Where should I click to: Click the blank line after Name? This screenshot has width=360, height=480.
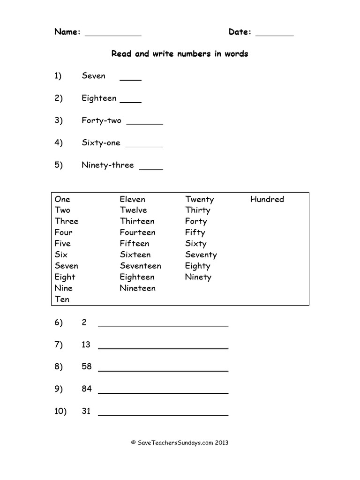tap(113, 35)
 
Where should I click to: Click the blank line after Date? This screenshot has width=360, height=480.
tap(275, 35)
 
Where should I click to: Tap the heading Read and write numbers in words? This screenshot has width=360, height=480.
tap(180, 54)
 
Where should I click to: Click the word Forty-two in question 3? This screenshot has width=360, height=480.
tap(101, 120)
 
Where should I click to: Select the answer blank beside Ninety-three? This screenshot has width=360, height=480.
tap(151, 168)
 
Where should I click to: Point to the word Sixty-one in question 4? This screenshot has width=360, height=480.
tap(101, 143)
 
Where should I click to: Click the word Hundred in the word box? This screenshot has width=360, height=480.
tap(267, 199)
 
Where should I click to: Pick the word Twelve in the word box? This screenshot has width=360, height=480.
tap(133, 210)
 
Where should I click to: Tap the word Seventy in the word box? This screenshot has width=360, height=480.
tap(201, 255)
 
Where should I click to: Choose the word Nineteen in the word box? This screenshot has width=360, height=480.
tap(137, 288)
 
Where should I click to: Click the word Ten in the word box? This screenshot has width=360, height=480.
tap(62, 300)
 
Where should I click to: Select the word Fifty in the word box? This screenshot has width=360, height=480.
tap(195, 232)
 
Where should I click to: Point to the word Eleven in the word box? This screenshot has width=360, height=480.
tap(132, 199)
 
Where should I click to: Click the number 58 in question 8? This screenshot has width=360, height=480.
tap(86, 367)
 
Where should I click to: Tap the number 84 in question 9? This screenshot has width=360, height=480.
tap(86, 389)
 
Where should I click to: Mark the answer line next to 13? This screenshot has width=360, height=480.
tap(163, 348)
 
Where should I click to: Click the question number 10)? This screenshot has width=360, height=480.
tap(60, 412)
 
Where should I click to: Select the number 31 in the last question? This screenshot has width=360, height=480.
tap(86, 412)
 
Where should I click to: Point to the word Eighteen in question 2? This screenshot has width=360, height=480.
tap(99, 98)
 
